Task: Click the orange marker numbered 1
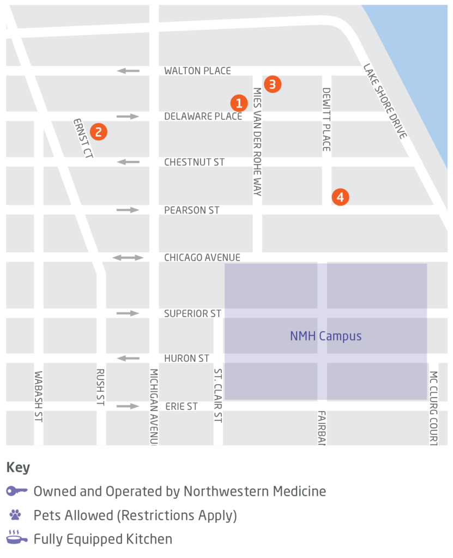(x=238, y=103)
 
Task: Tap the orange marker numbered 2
(x=99, y=131)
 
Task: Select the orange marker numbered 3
(x=273, y=84)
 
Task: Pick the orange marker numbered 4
(x=340, y=197)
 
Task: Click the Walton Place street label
(x=197, y=71)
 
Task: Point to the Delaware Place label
(x=203, y=116)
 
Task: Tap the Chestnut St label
(x=194, y=162)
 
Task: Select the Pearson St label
(x=192, y=210)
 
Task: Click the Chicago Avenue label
(x=202, y=257)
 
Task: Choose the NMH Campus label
(x=325, y=336)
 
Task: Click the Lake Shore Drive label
(x=385, y=101)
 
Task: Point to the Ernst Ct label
(x=83, y=138)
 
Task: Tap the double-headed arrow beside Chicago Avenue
(x=128, y=257)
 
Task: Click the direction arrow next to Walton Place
(x=128, y=71)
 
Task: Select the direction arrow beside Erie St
(x=128, y=406)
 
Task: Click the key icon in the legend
(x=17, y=491)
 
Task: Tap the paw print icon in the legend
(x=15, y=515)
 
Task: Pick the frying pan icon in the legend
(x=17, y=538)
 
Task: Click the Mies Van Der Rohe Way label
(x=257, y=141)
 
